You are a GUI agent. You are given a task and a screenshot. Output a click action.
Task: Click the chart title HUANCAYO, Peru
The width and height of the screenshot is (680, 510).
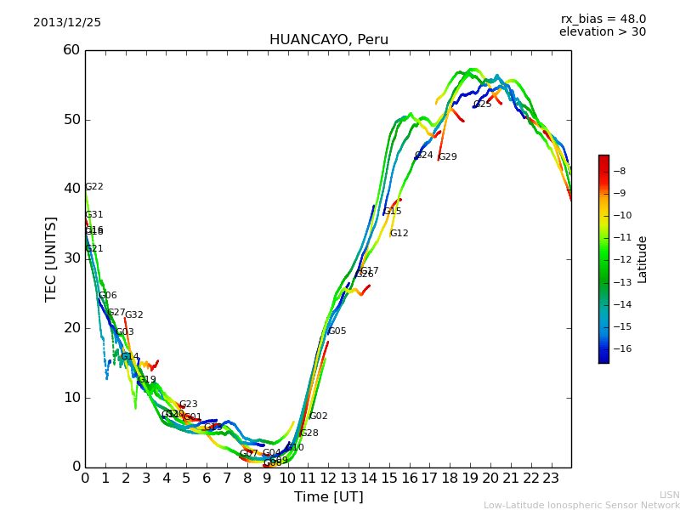click(328, 40)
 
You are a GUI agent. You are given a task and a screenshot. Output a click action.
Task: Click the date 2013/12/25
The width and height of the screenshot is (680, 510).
click(67, 23)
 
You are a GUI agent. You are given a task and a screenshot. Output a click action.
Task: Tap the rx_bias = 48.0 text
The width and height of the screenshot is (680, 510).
click(603, 20)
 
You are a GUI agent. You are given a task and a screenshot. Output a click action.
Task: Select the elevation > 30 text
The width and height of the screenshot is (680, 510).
click(602, 32)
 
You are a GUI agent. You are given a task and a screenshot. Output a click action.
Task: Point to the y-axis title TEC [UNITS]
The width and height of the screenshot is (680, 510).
click(51, 258)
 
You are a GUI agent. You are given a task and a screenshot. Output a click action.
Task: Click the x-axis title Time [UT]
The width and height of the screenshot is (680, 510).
click(328, 497)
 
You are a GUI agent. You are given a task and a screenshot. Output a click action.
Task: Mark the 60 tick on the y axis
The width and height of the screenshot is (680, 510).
click(71, 50)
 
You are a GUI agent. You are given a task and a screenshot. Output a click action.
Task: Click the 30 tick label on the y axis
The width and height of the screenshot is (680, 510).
click(71, 258)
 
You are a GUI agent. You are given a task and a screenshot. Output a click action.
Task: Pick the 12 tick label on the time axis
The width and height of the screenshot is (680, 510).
click(328, 479)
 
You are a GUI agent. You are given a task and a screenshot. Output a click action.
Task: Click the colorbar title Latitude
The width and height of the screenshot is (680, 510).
click(643, 259)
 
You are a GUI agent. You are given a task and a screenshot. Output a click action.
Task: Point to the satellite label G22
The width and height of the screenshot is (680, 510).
click(94, 187)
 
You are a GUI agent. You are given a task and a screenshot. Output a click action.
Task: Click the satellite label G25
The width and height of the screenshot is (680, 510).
click(483, 105)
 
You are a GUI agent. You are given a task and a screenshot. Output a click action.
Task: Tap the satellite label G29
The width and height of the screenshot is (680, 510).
click(448, 157)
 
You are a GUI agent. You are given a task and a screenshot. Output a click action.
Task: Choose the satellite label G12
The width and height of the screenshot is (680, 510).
click(399, 234)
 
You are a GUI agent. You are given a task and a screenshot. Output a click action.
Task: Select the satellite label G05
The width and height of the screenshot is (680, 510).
click(337, 331)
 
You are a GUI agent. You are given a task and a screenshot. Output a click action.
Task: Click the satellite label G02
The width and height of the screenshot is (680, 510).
click(319, 416)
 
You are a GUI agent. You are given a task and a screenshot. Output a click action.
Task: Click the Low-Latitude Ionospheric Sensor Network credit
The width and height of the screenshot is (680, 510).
click(581, 505)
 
